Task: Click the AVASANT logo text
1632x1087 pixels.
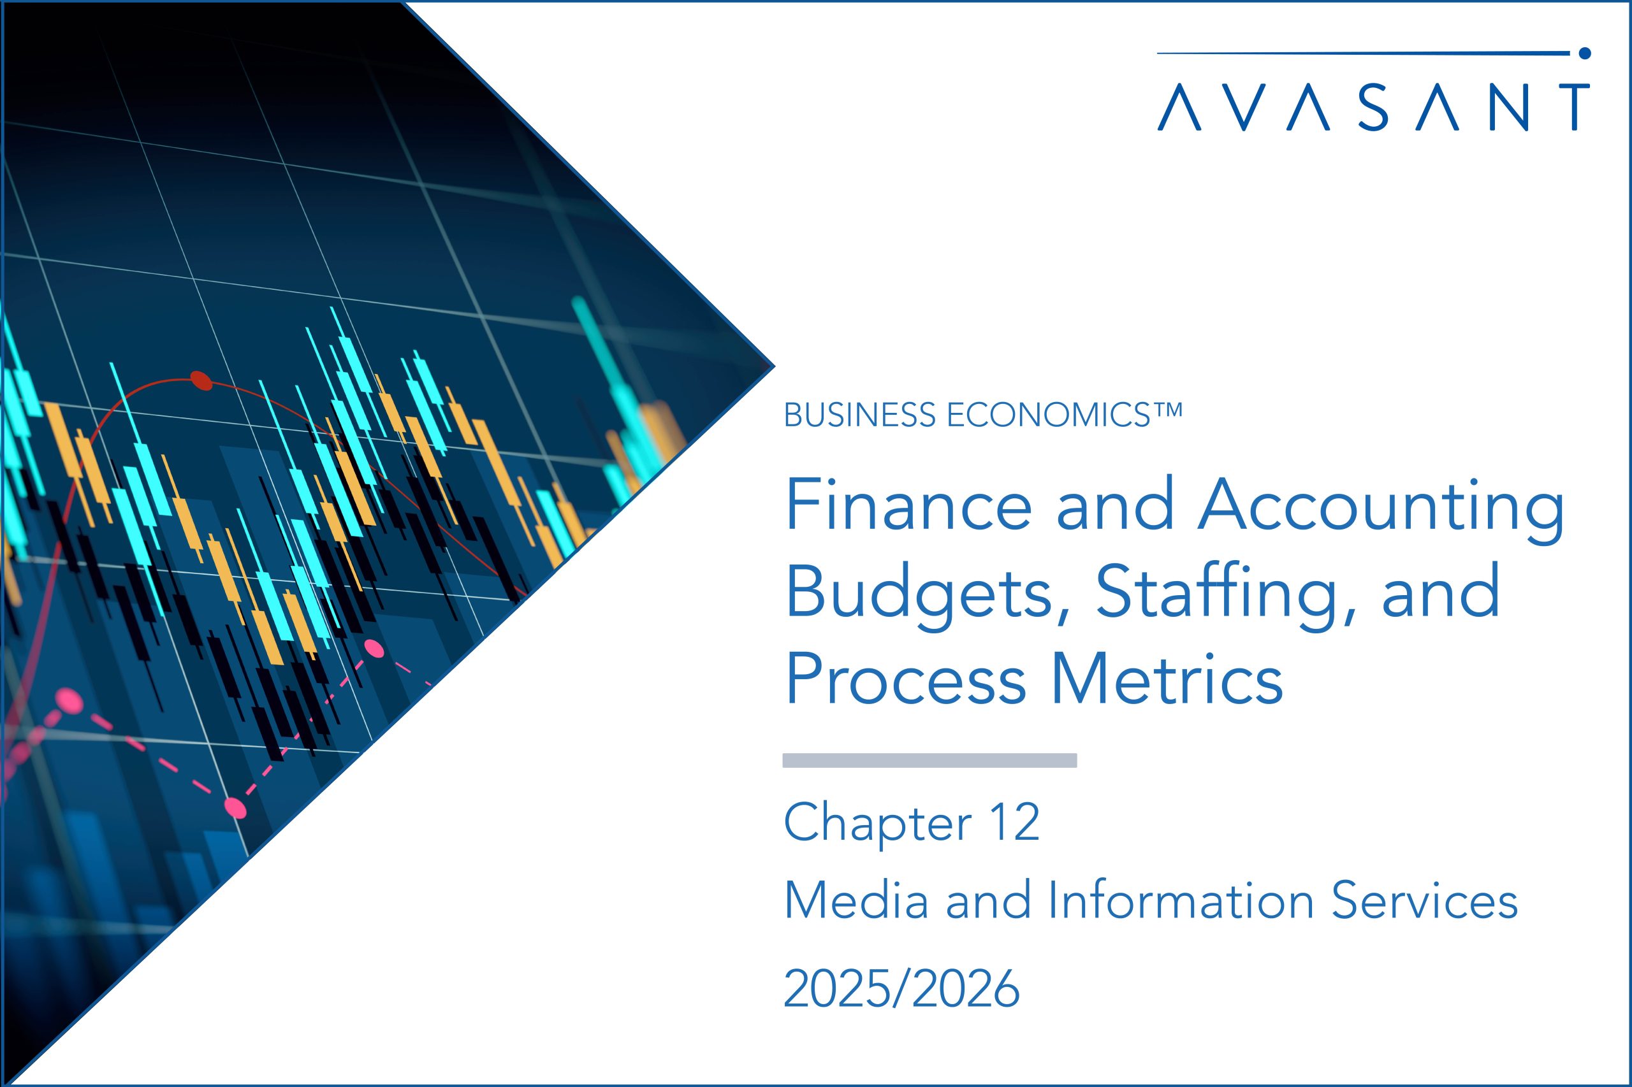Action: [x=1373, y=108]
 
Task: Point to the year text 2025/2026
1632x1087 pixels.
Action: [x=901, y=989]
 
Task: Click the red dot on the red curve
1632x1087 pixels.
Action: [x=201, y=380]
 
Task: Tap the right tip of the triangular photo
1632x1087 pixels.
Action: [x=774, y=366]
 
